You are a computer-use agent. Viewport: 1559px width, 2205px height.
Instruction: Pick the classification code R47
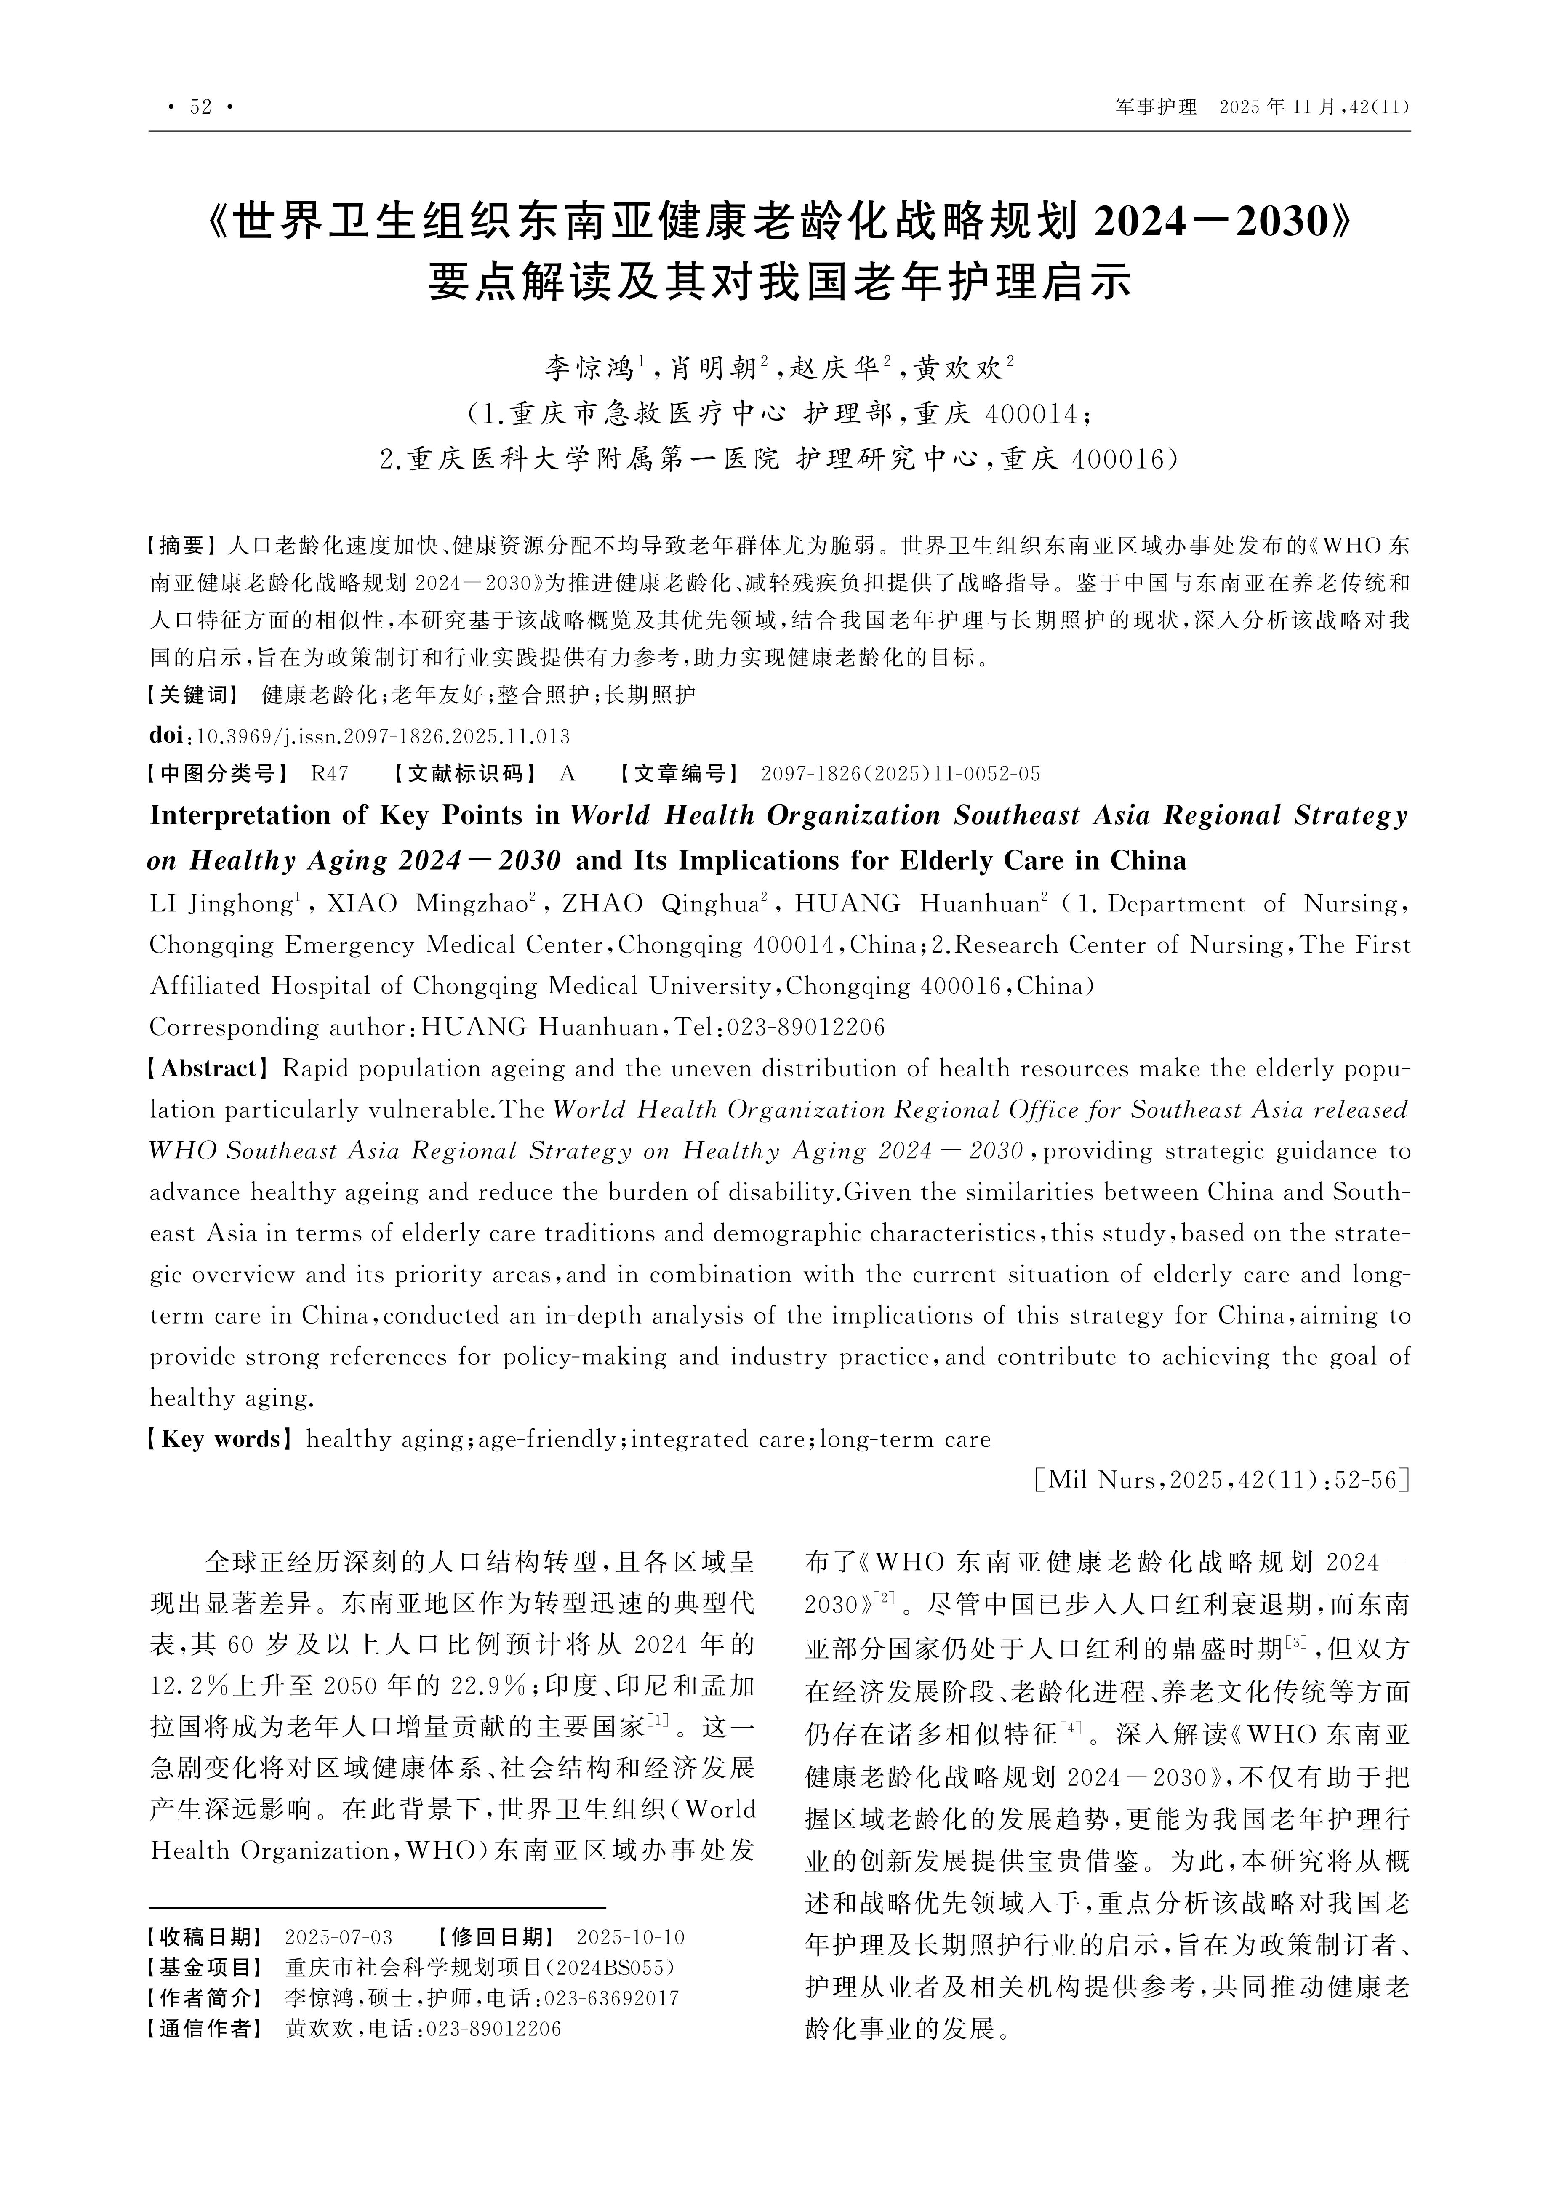coord(330,774)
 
